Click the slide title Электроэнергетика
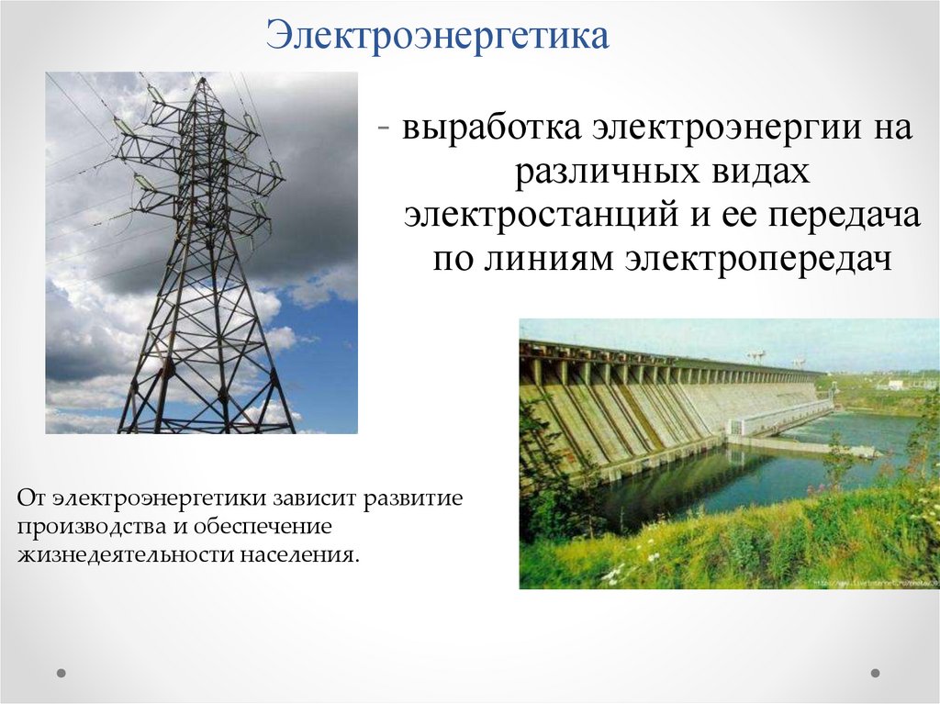[x=438, y=38]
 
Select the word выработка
[x=489, y=129]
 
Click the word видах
[x=759, y=172]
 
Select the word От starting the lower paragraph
[x=30, y=499]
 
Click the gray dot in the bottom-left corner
[x=62, y=673]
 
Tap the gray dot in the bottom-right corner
[x=875, y=673]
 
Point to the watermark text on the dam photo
[x=872, y=582]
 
